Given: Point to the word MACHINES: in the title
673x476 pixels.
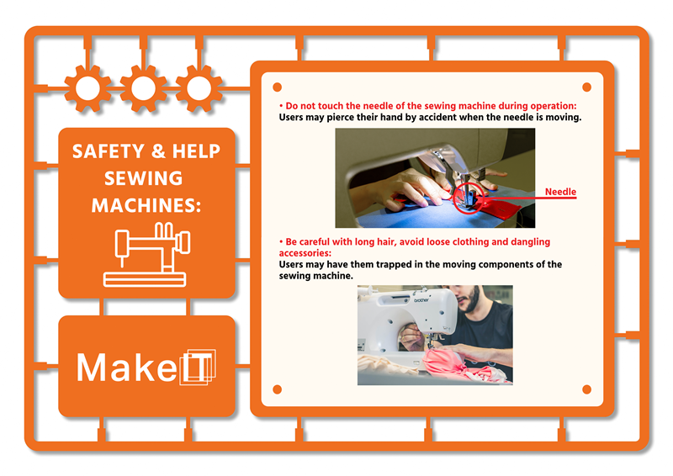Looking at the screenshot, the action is [x=146, y=205].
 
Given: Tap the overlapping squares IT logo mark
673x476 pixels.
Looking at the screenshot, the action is [x=198, y=367].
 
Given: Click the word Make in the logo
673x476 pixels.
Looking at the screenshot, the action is [x=126, y=368].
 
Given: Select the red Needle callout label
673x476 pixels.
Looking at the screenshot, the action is [x=560, y=192].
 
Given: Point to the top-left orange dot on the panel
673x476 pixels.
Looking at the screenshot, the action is [x=278, y=87].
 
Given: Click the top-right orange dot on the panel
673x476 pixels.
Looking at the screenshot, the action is [x=586, y=87].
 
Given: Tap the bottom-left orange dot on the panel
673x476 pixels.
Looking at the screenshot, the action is [x=278, y=389].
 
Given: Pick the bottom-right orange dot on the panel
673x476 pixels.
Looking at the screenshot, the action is [x=586, y=389].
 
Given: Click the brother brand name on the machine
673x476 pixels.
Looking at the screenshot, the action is [x=421, y=299].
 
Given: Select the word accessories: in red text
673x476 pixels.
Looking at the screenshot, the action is [x=305, y=253].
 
